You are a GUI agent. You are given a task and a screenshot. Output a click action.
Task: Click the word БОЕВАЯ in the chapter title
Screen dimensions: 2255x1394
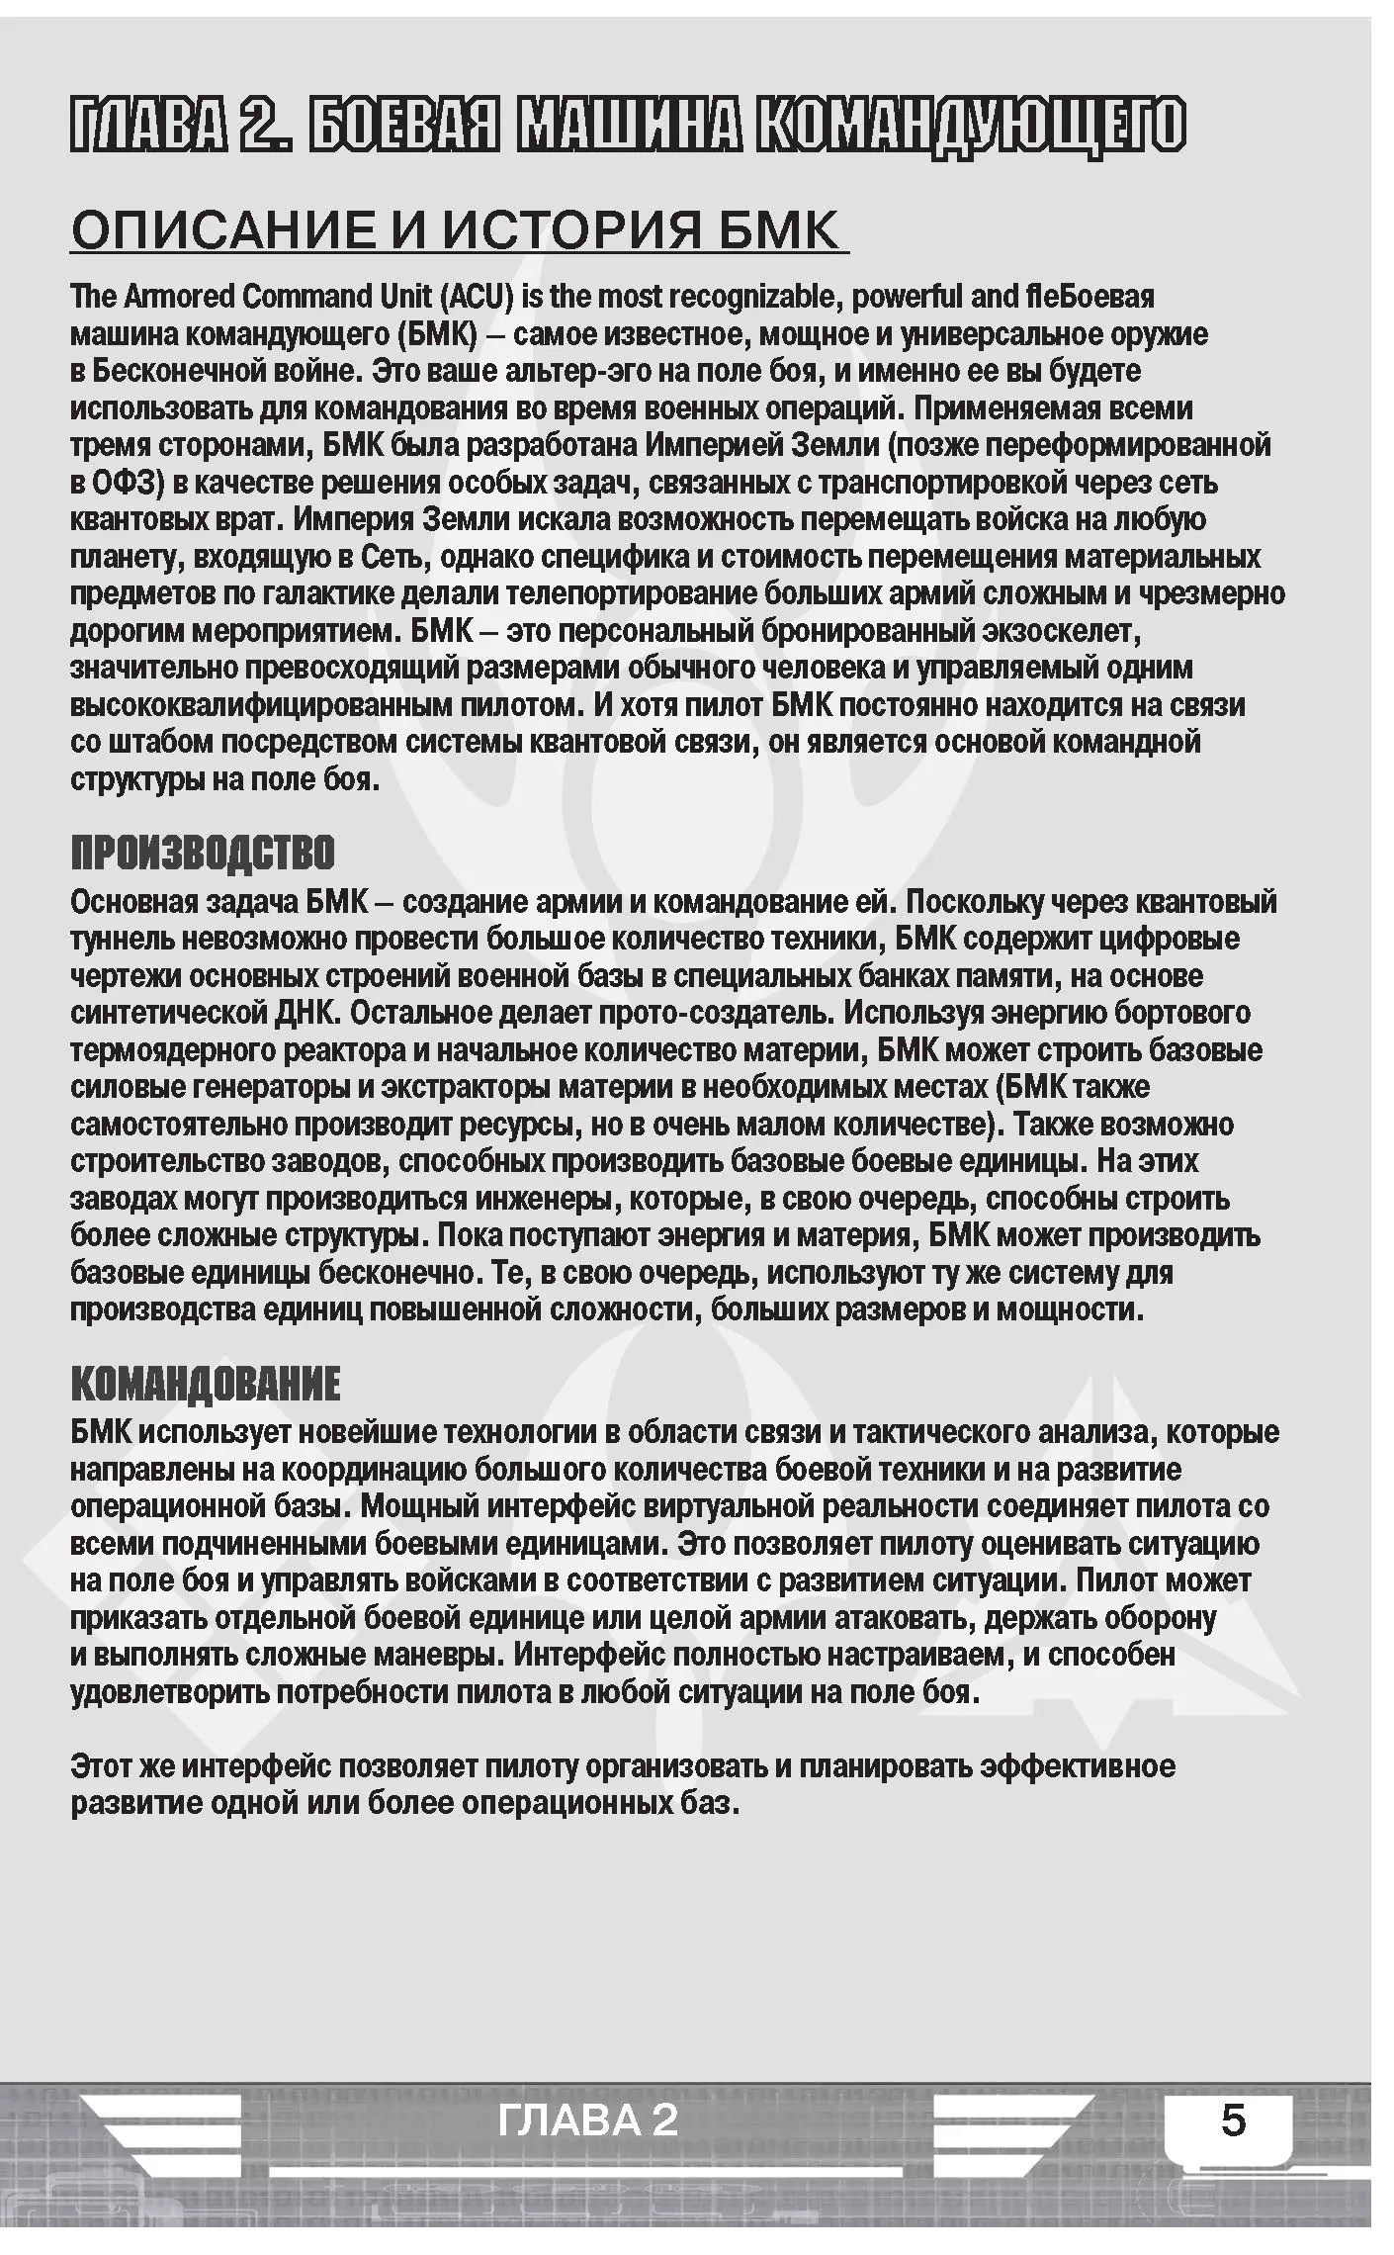pyautogui.click(x=402, y=126)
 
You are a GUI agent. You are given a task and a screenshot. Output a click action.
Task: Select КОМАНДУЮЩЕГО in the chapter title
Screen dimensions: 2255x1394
pyautogui.click(x=970, y=126)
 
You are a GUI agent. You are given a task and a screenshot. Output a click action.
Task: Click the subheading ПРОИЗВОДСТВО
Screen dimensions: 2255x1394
pyautogui.click(x=203, y=853)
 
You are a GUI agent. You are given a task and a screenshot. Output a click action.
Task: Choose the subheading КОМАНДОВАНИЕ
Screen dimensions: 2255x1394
pyautogui.click(x=206, y=1384)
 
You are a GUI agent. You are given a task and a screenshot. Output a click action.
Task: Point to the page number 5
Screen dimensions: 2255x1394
pyautogui.click(x=1233, y=2120)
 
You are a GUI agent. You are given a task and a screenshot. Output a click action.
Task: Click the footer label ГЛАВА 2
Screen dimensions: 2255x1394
pyautogui.click(x=588, y=2120)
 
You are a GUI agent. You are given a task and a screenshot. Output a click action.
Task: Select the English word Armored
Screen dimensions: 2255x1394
pyautogui.click(x=180, y=297)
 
